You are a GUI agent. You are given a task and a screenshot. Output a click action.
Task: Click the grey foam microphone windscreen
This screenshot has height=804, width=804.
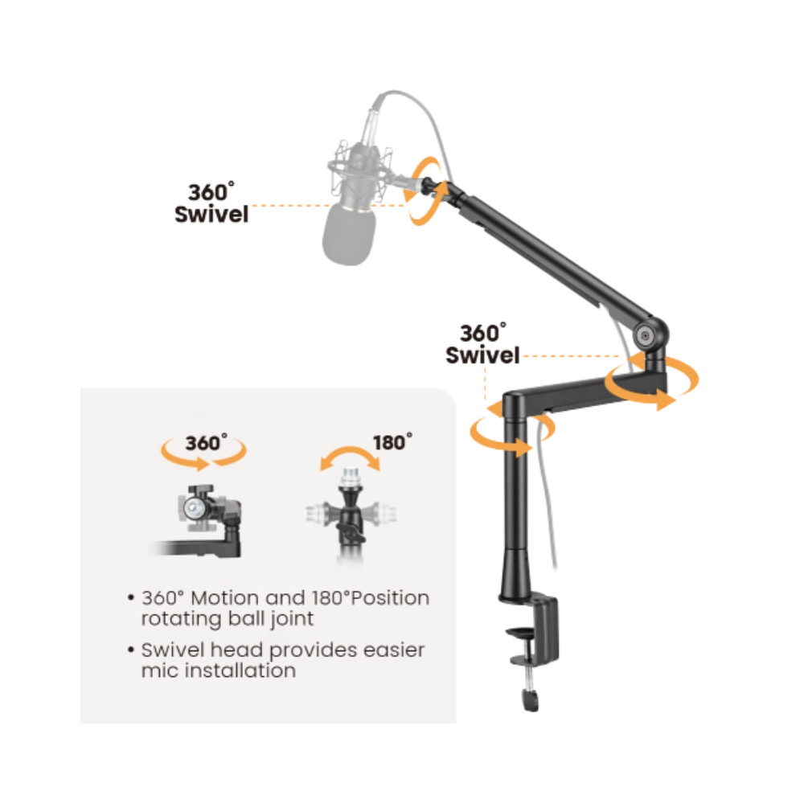pos(349,234)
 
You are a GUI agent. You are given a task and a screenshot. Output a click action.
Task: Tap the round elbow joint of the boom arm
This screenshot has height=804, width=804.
pos(645,336)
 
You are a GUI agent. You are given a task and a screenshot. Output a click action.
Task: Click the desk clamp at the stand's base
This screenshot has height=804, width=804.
pos(533,636)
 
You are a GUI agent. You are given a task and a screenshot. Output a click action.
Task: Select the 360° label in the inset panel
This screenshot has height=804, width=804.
pos(206,443)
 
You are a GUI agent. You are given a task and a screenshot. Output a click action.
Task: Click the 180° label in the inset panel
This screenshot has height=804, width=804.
pos(392,442)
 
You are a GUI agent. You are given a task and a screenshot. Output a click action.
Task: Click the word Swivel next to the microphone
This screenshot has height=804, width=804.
pos(211,215)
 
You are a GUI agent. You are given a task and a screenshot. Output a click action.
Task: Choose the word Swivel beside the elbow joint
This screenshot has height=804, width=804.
pos(482,355)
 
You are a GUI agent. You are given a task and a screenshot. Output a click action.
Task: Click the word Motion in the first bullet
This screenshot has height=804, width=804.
pos(225,598)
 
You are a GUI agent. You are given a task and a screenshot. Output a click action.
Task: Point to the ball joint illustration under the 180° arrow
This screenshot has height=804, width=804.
pos(351,513)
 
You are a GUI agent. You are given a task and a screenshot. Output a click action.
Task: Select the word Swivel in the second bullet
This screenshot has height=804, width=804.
pos(173,650)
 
